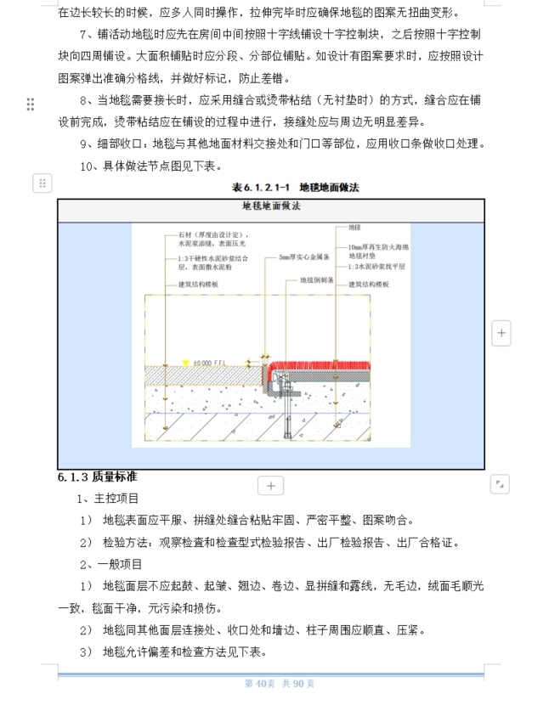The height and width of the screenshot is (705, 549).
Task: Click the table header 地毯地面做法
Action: (272, 206)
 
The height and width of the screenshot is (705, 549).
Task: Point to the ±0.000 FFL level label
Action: (212, 361)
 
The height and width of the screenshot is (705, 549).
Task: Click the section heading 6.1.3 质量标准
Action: (98, 477)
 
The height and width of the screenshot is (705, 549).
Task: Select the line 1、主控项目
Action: (108, 498)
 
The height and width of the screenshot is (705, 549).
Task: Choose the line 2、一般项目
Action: (108, 564)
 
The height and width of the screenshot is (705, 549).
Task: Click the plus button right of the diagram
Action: (501, 333)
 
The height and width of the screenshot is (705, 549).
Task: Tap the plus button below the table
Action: (270, 485)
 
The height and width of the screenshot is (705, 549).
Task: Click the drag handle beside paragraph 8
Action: (31, 104)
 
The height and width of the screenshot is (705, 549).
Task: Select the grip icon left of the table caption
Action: (42, 183)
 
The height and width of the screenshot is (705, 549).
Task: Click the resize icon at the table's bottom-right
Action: (500, 484)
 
